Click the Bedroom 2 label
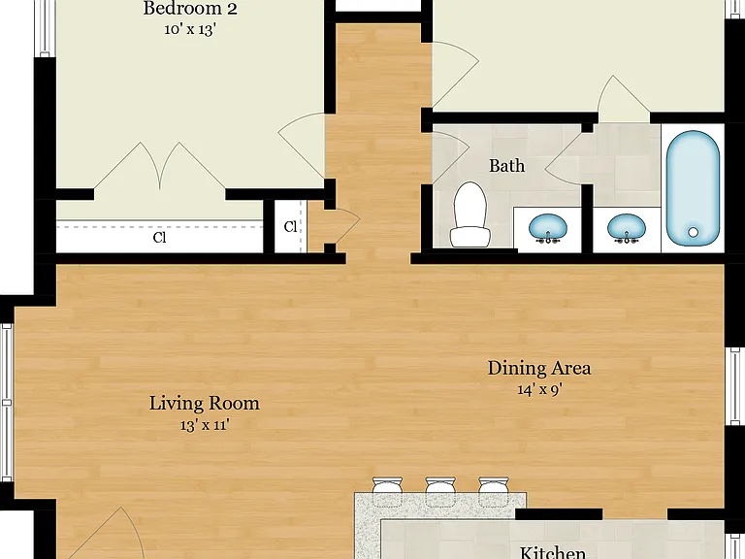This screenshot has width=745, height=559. point(190,9)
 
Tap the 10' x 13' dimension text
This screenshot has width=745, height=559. point(190,29)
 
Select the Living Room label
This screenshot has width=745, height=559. point(205,403)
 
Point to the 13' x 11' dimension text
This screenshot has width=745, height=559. point(205,425)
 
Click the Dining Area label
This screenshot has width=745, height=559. point(539,368)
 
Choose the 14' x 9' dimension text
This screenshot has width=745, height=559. point(539,390)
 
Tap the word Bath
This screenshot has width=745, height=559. point(507,166)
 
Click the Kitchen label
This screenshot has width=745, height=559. point(553,552)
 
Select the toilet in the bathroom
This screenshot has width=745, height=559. point(470,214)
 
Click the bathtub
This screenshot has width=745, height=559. point(693,188)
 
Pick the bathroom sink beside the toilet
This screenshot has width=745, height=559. point(548,228)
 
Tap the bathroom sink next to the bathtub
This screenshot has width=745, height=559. point(627,228)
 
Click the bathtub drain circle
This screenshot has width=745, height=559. point(694,232)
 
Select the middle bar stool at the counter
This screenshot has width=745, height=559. point(440,486)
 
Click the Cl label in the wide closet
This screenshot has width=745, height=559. point(160,237)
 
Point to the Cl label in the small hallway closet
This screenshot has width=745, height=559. point(290,227)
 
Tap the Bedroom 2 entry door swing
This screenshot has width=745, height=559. point(302,146)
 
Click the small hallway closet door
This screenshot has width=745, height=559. point(343,226)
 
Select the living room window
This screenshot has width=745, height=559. point(6,403)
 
